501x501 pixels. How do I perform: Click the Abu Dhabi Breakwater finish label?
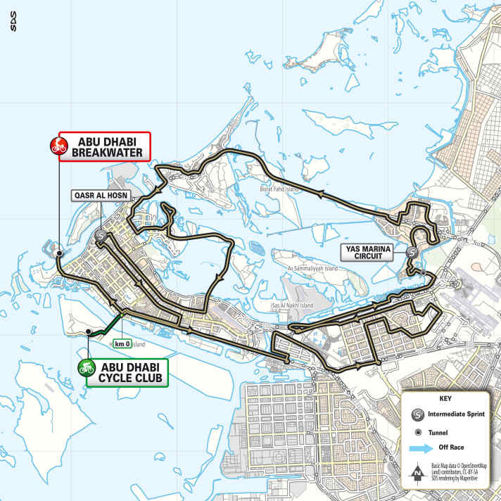(106, 146)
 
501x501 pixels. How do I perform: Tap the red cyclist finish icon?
(58, 146)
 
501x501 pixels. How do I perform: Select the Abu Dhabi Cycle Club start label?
(129, 372)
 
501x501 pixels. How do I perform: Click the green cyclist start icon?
(87, 367)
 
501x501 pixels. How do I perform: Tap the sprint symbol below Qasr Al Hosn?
(101, 237)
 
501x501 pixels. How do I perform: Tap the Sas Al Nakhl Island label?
(292, 306)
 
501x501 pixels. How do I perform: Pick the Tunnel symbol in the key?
(418, 431)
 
